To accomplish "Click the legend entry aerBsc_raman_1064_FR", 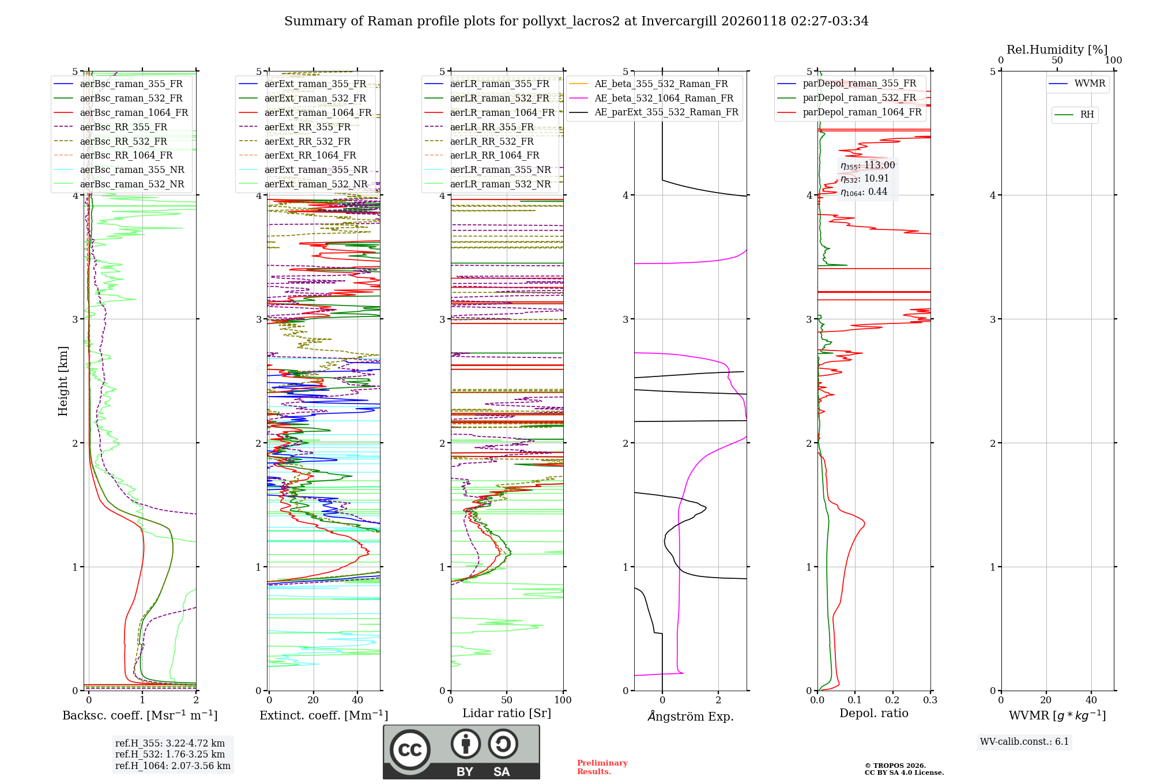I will click(134, 113).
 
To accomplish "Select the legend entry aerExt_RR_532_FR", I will click(307, 141).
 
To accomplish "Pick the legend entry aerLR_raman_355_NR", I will click(500, 169).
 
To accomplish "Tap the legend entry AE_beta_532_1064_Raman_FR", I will click(664, 99).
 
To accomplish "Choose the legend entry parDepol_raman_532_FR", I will click(859, 98).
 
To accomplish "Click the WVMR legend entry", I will click(1090, 84).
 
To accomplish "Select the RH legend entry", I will click(1087, 115).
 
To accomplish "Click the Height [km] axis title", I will click(63, 381).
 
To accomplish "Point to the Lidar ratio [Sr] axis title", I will click(507, 713).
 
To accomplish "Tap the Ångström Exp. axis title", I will click(691, 717).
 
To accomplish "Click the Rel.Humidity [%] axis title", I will click(1057, 50).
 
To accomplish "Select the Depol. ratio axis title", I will click(873, 713).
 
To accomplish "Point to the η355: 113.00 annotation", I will click(868, 165).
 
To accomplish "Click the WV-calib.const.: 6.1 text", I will click(1024, 742).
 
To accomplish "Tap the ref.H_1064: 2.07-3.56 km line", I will click(172, 766).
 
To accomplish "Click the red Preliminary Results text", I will click(602, 767).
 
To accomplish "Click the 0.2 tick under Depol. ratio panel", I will click(892, 700).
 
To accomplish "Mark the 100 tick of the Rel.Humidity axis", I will click(1113, 61).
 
